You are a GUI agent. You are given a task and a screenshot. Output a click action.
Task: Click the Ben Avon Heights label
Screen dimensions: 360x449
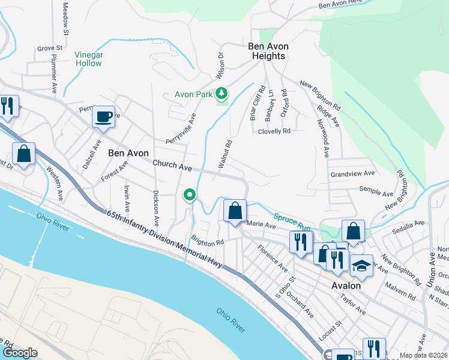coord(268,51)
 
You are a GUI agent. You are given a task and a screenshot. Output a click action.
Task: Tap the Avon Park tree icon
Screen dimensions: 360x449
coord(222,94)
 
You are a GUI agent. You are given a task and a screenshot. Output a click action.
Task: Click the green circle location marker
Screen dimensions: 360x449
coord(190,194)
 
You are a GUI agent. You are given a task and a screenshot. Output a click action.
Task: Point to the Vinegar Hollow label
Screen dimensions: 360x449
coord(88,59)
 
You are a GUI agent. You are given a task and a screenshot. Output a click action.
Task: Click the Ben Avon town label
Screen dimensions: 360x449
coord(128,153)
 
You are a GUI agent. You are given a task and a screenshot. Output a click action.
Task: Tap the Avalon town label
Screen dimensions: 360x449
coord(346,286)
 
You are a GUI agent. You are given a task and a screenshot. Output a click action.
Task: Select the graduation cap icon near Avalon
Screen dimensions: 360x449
coord(361,266)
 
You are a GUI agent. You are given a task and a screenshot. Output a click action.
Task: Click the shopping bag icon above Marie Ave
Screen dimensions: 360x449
coord(235,210)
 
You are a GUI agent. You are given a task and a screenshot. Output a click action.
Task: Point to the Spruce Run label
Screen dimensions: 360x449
coord(292,221)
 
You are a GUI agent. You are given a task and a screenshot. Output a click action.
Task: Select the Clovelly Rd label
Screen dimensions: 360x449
coord(274,131)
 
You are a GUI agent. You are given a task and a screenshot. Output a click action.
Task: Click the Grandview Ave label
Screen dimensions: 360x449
coord(352,173)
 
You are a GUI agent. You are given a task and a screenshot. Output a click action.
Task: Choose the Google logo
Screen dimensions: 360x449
coord(19,353)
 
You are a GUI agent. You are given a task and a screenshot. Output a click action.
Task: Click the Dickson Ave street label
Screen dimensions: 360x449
coord(156,202)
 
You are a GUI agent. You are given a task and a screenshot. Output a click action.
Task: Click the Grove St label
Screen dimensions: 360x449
coord(50,47)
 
